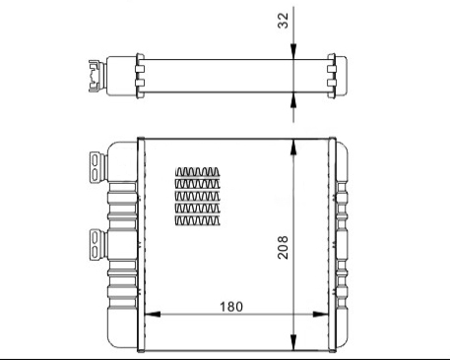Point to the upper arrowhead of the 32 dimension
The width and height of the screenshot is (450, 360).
point(294,57)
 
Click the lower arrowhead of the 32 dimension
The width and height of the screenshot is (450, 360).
point(294,95)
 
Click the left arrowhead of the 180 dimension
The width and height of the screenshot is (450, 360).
point(151,316)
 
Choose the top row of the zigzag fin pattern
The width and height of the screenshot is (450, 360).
point(200,170)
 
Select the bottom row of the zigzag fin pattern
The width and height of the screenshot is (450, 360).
point(200,221)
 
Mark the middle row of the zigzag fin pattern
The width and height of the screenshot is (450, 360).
point(200,196)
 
